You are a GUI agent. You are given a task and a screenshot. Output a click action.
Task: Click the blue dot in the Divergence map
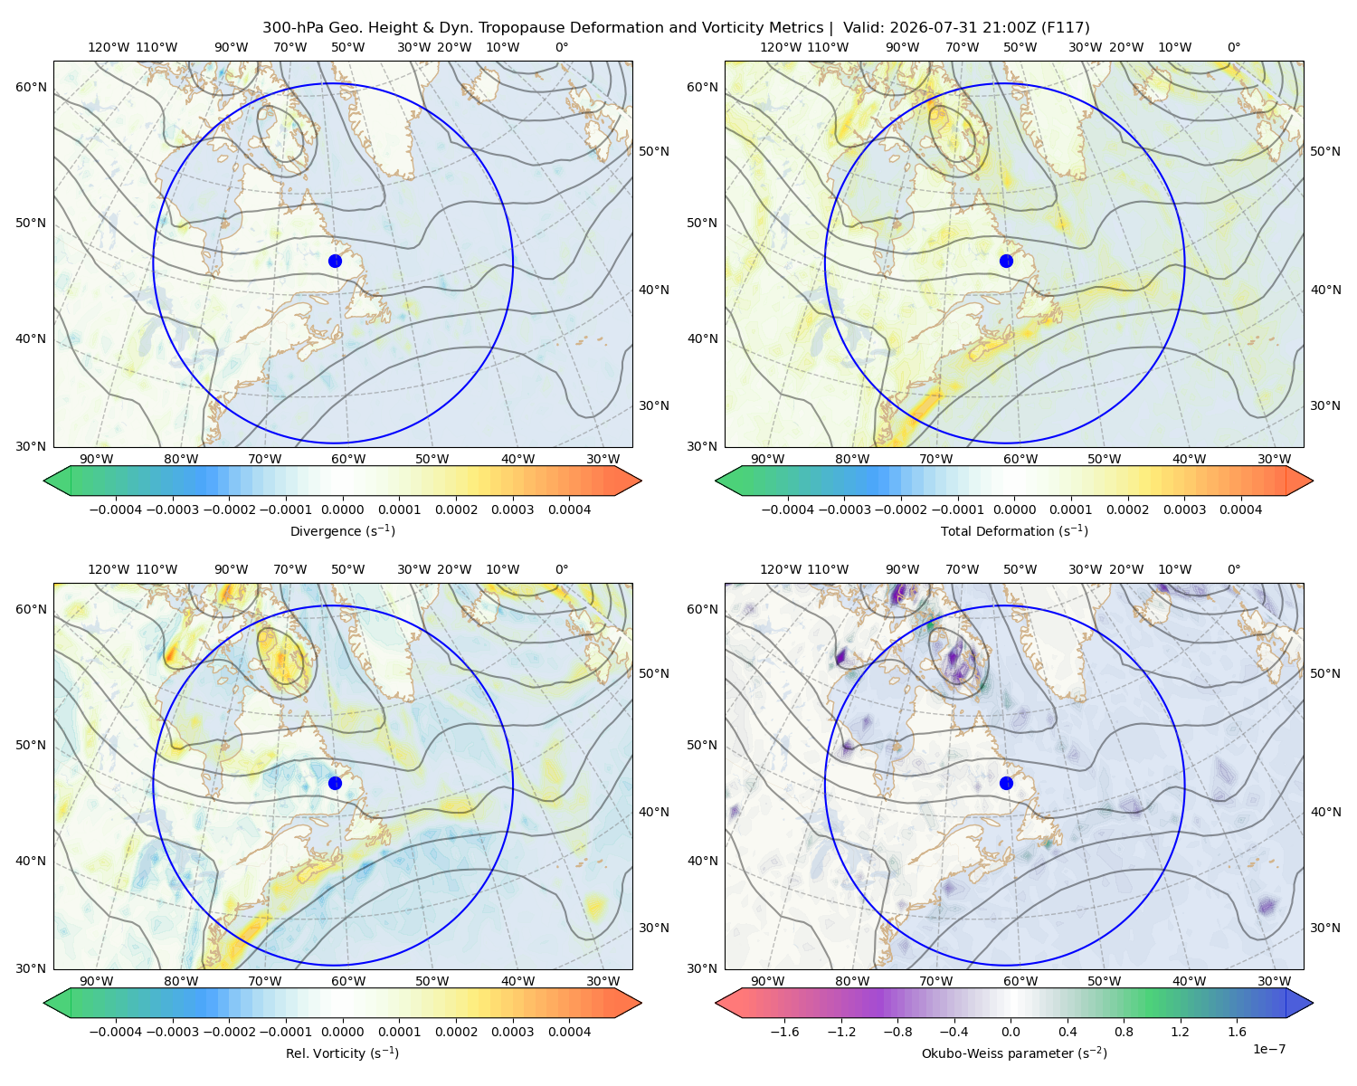335,261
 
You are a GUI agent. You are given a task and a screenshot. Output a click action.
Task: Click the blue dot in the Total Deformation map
1006,261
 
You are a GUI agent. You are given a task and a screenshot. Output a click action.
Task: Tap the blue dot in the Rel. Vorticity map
335,783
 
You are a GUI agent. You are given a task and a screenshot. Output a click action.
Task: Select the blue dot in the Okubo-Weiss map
1006,783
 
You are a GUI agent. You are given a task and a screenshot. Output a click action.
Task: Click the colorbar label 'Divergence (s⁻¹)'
342,531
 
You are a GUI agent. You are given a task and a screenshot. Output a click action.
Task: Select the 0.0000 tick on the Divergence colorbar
342,510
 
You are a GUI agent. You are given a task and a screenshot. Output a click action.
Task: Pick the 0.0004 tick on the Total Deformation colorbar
1240,510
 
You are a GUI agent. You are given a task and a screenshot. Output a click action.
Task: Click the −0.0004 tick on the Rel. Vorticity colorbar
116,1032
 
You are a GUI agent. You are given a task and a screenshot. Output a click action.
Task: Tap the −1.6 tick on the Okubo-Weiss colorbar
784,1032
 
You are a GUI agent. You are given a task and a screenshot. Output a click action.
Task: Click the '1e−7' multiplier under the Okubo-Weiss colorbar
1268,1049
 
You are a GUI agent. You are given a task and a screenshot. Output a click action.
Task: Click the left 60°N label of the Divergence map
31,87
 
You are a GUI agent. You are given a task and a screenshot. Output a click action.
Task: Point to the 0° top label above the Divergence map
562,47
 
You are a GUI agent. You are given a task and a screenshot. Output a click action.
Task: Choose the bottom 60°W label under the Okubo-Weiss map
1020,981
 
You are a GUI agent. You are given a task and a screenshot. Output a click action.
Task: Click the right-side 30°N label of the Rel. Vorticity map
654,928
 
